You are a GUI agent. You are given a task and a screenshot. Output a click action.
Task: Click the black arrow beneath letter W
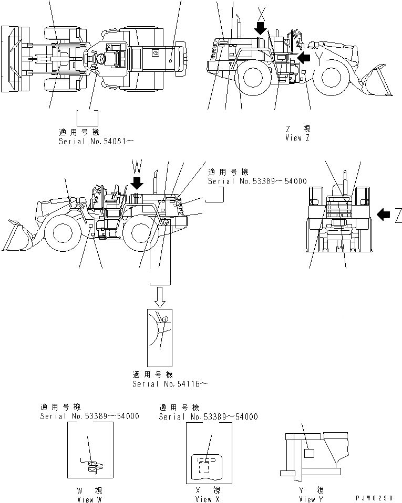(138, 183)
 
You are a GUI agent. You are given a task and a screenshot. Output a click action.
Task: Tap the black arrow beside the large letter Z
(384, 213)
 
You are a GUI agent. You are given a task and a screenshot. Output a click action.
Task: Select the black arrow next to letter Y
(304, 56)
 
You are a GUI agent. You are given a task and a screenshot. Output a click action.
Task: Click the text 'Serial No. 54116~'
(170, 384)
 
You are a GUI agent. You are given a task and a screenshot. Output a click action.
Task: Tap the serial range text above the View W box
(89, 416)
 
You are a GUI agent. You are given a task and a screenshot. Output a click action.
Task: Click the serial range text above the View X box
(209, 416)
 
